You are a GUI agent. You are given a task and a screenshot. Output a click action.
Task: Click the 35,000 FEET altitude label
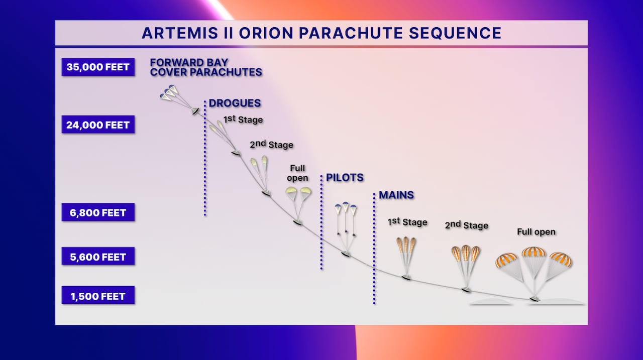tap(98, 67)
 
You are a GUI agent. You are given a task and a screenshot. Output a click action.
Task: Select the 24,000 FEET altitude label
tap(98, 125)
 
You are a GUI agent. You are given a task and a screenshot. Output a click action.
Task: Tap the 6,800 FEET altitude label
tap(98, 212)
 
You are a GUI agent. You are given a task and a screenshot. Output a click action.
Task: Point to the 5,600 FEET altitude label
tap(98, 257)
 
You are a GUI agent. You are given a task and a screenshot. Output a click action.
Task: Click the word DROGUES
tap(235, 103)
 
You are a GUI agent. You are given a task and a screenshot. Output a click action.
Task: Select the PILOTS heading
tap(345, 178)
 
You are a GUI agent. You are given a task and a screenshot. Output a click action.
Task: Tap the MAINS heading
tap(396, 195)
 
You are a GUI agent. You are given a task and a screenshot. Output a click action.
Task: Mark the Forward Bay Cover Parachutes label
tap(206, 67)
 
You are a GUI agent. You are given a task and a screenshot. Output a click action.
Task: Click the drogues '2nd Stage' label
tap(271, 145)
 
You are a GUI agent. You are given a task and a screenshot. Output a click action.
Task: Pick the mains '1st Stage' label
tap(407, 222)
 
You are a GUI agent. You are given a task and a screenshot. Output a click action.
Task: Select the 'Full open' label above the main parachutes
tap(536, 232)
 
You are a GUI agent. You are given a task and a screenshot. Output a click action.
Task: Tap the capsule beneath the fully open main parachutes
tap(535, 299)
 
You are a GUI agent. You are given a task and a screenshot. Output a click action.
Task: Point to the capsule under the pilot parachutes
tap(346, 254)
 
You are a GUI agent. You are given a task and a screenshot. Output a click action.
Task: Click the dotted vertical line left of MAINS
tap(374, 249)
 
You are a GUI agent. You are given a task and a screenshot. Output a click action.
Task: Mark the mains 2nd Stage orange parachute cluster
tap(466, 253)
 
